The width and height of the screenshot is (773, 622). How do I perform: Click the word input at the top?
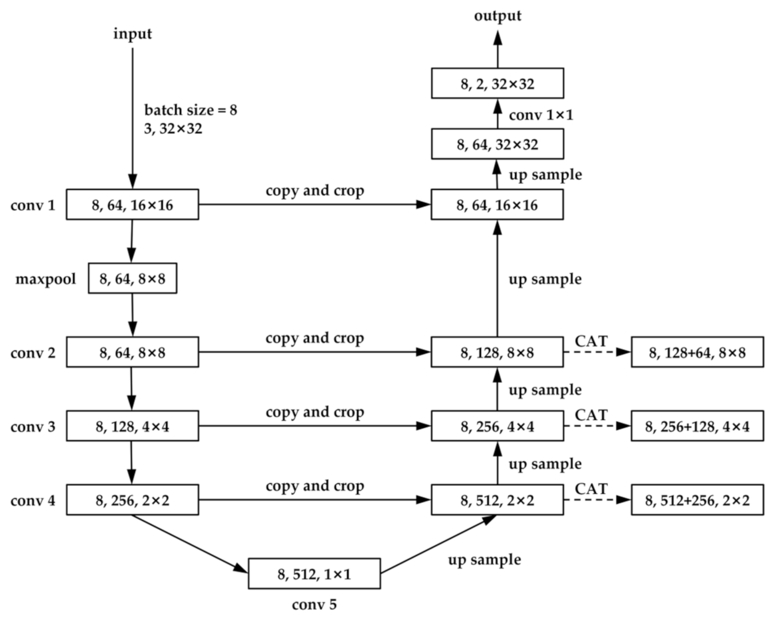click(132, 34)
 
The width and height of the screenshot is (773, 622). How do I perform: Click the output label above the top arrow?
click(498, 16)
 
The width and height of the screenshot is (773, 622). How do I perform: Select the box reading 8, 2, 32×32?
click(497, 84)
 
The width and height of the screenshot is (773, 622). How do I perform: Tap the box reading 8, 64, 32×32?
click(497, 144)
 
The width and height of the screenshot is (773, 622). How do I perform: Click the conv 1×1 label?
click(541, 116)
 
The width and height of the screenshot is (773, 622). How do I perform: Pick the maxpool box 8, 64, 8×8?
click(132, 279)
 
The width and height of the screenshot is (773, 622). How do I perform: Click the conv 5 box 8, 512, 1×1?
click(314, 574)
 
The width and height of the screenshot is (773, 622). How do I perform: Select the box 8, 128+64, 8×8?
click(697, 352)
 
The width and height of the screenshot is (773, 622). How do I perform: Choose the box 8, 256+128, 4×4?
click(697, 426)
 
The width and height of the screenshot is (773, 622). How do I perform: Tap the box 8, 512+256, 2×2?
click(697, 500)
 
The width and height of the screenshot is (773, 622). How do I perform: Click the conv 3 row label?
click(33, 427)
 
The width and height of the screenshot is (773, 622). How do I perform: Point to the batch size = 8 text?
click(191, 110)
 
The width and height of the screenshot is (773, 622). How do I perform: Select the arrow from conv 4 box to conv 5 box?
click(189, 543)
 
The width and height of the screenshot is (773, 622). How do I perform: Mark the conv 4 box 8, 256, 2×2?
click(132, 500)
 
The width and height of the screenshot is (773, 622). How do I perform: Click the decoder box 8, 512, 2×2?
click(497, 500)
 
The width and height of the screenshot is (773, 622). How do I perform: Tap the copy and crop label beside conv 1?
click(315, 191)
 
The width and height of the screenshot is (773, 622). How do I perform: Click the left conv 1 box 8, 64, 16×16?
click(132, 205)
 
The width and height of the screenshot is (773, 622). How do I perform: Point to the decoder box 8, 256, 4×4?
click(497, 426)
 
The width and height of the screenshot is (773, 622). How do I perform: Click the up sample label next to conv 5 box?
click(484, 560)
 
